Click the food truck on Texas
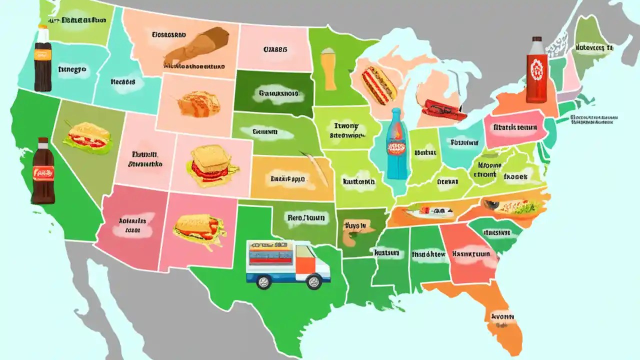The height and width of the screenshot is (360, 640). [287, 264]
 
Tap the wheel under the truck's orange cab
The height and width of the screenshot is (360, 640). [313, 282]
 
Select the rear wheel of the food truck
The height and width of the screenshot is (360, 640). [263, 282]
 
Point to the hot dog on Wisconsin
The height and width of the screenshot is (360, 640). [379, 84]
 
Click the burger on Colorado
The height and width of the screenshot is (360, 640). [209, 166]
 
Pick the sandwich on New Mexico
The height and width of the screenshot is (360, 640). [199, 231]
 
